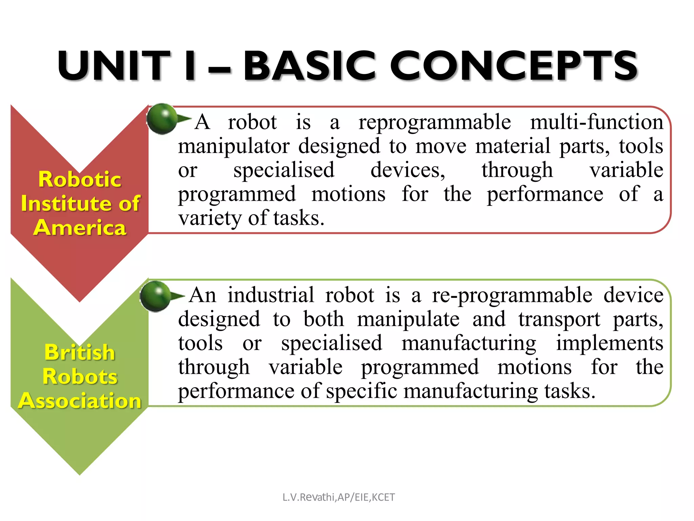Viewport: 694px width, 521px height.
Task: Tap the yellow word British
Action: click(x=80, y=352)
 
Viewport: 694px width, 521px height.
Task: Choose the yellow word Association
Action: click(x=80, y=401)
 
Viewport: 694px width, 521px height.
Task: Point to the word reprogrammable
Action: click(x=435, y=123)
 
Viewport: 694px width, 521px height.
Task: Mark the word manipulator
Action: click(x=234, y=147)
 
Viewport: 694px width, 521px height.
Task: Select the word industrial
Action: click(x=271, y=295)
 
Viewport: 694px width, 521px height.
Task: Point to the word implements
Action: click(x=610, y=344)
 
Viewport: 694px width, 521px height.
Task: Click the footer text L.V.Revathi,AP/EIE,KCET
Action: click(x=339, y=497)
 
